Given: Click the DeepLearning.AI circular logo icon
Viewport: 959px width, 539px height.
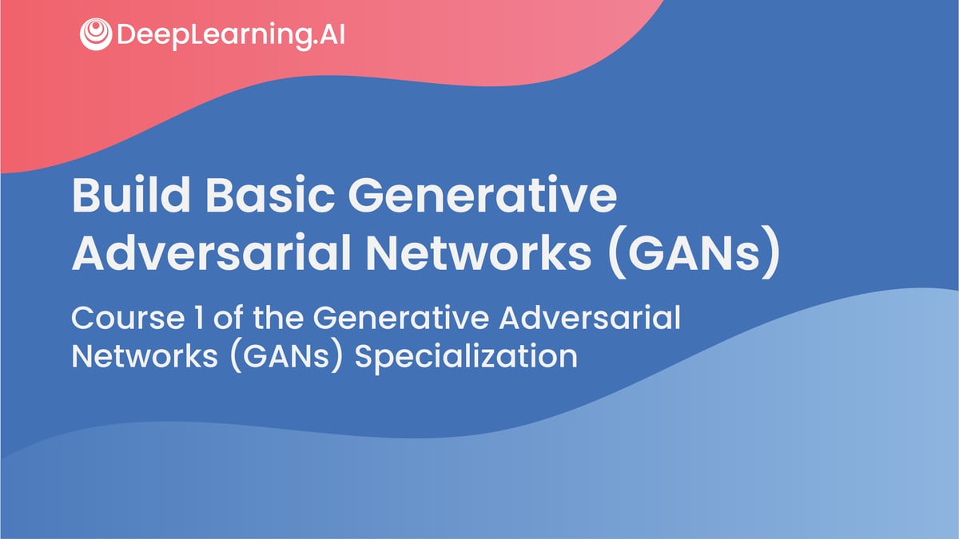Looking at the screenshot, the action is (96, 34).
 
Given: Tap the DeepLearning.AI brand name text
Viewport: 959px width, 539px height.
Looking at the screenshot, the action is (231, 35).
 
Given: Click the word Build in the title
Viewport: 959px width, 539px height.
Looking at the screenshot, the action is (131, 195).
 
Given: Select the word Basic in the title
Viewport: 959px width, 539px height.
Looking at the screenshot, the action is (270, 195).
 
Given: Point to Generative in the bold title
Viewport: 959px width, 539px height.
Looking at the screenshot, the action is (483, 195).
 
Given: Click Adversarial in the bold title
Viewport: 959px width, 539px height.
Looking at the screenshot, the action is (212, 252).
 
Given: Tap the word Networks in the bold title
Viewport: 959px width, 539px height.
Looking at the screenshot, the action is (479, 252).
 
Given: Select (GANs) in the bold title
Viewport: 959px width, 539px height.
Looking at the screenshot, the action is (694, 253).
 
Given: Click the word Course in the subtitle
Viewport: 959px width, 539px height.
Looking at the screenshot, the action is (128, 318).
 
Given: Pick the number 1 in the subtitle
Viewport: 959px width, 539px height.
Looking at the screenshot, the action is (199, 318).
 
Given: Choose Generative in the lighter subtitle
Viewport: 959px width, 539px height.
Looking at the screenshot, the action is (401, 318).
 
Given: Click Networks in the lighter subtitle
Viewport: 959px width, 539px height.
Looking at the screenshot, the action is (145, 356).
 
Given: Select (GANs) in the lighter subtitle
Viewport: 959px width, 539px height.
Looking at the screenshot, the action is (286, 357).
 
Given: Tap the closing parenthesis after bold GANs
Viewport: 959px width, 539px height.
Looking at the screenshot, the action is (772, 253).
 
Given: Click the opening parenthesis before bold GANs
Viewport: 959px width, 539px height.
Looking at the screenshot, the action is (616, 253).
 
